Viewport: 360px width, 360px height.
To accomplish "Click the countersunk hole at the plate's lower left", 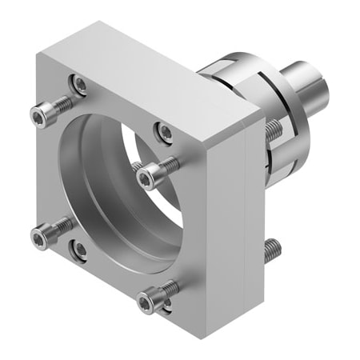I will point(79,250).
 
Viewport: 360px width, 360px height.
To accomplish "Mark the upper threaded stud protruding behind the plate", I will point(272,127).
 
